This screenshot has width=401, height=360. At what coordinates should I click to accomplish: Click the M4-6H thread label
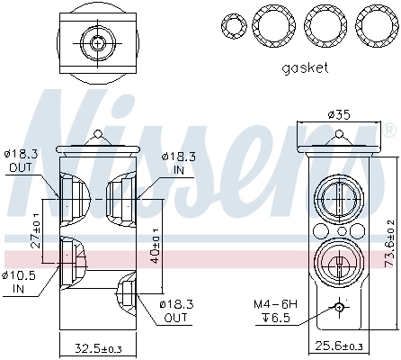point(276,306)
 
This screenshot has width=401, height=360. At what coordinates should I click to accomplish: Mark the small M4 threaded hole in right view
point(339,307)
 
